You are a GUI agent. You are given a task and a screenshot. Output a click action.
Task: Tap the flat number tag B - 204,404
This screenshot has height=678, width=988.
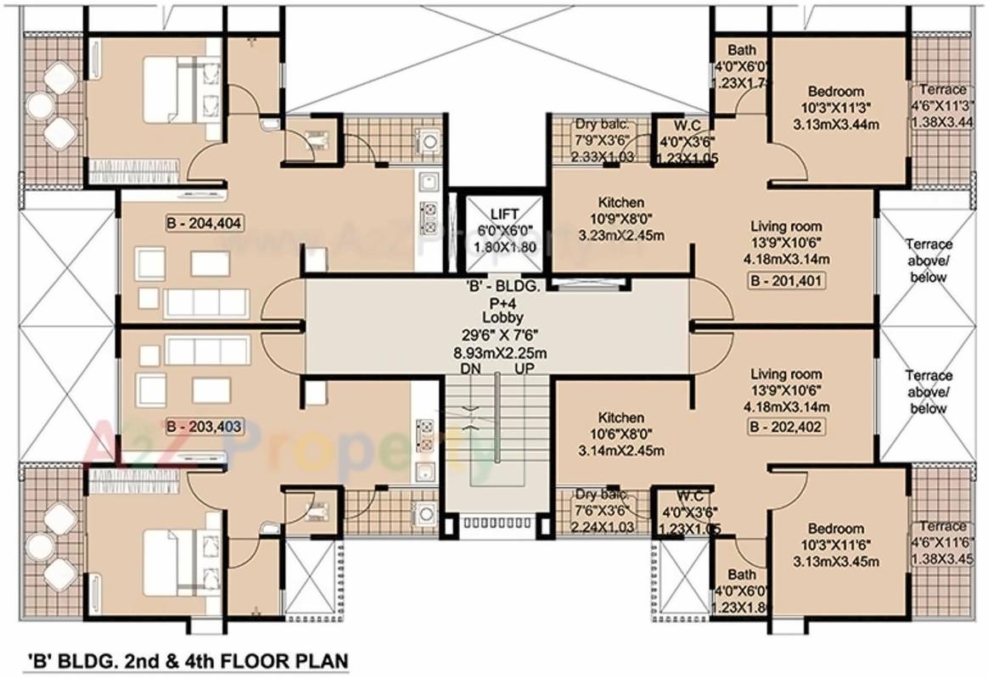click(x=204, y=224)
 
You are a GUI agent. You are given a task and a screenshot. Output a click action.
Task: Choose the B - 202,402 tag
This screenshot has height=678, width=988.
click(x=785, y=428)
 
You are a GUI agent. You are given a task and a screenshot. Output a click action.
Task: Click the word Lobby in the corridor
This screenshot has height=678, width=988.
click(x=497, y=317)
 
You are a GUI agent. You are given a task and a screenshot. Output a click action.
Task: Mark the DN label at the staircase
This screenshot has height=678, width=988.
click(x=471, y=369)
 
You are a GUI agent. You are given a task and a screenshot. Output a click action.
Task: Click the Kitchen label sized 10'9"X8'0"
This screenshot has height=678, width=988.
click(x=620, y=203)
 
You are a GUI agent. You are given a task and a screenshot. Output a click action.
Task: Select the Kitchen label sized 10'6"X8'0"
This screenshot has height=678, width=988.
click(x=620, y=418)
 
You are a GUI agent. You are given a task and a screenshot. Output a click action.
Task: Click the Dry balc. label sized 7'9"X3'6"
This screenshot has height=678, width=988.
click(x=602, y=123)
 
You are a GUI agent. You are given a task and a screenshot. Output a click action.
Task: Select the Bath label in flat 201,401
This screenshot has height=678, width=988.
click(x=730, y=50)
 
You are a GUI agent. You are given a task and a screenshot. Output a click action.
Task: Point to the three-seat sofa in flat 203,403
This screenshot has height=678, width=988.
click(x=207, y=350)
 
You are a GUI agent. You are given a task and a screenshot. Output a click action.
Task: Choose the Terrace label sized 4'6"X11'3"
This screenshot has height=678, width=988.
click(x=941, y=89)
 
